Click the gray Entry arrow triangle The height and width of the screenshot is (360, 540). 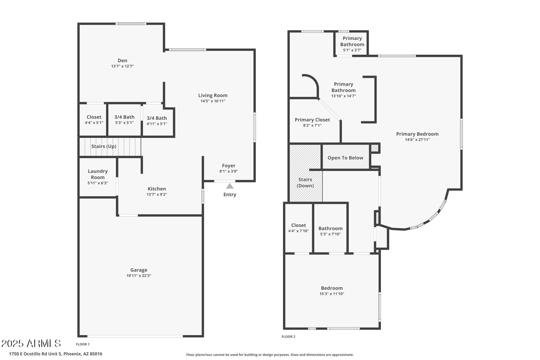click(230, 186)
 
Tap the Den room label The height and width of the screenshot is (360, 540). click(122, 60)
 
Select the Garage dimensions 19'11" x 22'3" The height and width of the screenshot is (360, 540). click(139, 276)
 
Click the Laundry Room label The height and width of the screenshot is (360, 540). click(98, 174)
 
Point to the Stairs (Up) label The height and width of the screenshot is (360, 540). click(104, 147)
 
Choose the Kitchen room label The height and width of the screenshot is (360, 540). click(157, 189)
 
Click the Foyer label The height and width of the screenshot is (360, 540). click(229, 166)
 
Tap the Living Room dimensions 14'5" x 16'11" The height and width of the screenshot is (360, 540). click(213, 101)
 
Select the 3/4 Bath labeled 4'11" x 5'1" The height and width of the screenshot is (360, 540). click(157, 121)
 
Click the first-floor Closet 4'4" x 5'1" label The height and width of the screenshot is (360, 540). click(94, 120)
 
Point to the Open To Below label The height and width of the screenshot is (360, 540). click(346, 158)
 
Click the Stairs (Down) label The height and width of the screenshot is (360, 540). click(305, 183)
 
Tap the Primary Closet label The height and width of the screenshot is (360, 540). click(312, 120)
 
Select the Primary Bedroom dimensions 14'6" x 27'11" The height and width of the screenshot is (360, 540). click(417, 140)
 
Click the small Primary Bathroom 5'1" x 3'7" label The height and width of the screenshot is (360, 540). click(352, 44)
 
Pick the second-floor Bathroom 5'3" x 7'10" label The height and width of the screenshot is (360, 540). click(330, 231)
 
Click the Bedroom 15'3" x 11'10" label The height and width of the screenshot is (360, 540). click(332, 291)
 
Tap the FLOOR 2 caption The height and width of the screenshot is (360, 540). click(288, 337)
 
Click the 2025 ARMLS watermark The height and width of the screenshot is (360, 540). click(31, 343)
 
